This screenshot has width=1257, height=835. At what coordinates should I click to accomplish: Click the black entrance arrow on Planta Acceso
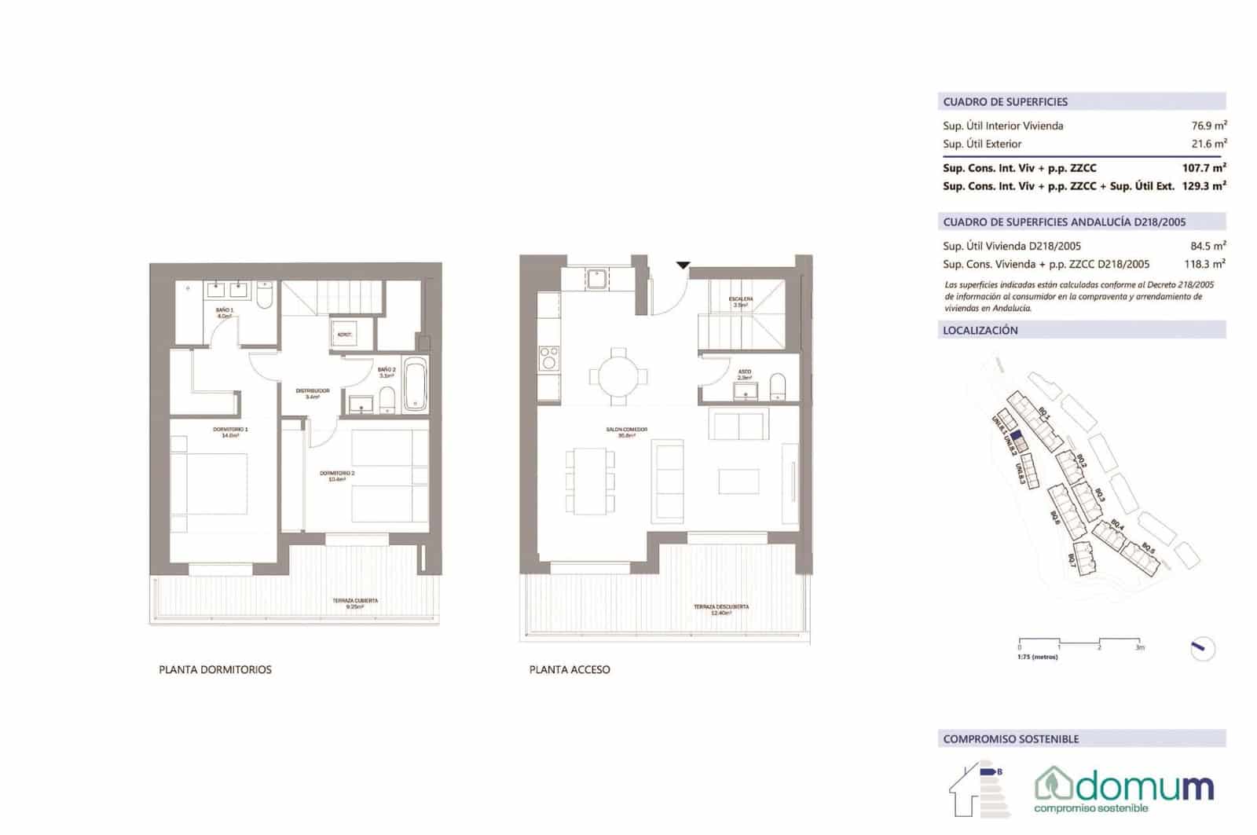point(683,266)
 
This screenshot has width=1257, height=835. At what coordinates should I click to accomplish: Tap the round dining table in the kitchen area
point(618,375)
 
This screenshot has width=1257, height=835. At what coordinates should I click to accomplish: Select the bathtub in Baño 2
point(416,385)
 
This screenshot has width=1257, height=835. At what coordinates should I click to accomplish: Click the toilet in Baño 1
point(265,295)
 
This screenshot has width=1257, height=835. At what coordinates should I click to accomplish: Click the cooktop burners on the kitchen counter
point(548,358)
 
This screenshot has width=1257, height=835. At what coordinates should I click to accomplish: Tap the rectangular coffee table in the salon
point(738,481)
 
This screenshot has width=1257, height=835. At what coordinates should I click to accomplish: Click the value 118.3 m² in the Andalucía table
point(1204,265)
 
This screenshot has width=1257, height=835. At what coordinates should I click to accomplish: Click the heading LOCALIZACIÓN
point(980,331)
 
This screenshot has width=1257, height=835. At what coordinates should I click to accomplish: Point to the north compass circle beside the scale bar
point(1201,648)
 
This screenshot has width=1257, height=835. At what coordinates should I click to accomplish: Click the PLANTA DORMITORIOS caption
point(215,670)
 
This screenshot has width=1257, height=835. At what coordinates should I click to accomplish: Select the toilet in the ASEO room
point(778,386)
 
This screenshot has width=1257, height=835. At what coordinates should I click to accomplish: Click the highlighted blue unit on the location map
point(1016,435)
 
